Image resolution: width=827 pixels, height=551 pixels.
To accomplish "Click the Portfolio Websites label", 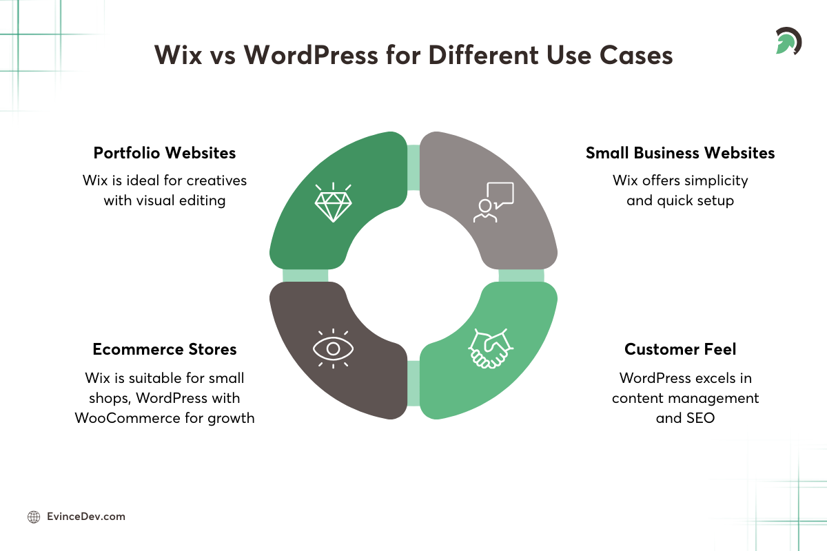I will [x=165, y=153].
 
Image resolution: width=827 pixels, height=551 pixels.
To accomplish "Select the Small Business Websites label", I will [x=680, y=153].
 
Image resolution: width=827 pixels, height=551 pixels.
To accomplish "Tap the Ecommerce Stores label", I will [x=165, y=349].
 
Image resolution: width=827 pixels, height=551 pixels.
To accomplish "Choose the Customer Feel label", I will [x=680, y=349].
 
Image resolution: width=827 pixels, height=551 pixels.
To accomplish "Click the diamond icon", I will [x=333, y=202].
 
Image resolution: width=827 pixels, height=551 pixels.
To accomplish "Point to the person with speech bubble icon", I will [x=493, y=202].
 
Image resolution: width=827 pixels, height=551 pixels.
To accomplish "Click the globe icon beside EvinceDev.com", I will [x=33, y=517].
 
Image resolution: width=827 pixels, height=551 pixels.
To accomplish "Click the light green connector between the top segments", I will [x=413, y=167].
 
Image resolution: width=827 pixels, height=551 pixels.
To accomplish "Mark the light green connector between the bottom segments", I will [x=413, y=383].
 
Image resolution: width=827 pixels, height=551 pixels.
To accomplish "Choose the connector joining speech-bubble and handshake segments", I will [x=522, y=275].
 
